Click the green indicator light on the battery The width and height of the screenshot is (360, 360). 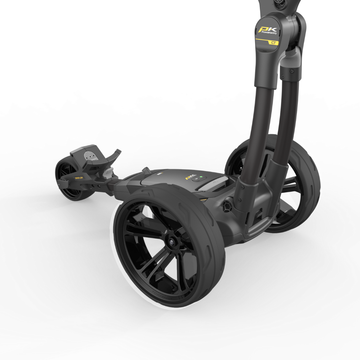tap(201, 178)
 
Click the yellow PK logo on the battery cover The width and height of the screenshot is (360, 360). tap(189, 177)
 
